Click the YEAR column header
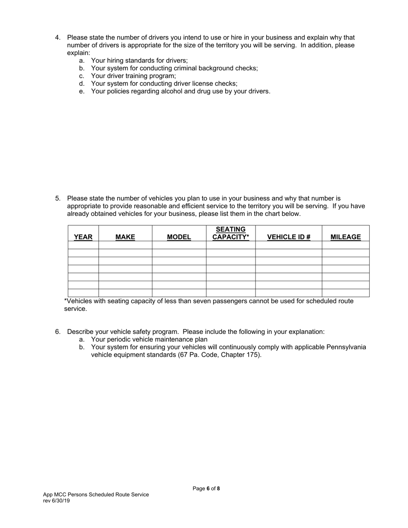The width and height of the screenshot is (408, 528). point(83,237)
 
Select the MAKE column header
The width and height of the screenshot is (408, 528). point(125,237)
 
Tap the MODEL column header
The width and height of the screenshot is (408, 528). point(179,237)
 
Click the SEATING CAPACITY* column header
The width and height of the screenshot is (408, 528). point(231,233)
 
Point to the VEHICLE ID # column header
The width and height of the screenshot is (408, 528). point(289,237)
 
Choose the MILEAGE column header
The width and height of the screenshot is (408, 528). point(345,237)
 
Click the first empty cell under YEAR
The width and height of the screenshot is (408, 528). point(83,245)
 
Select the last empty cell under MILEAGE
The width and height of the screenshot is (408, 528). point(345,293)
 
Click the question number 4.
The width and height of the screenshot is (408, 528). point(58,37)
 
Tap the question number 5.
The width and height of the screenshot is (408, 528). point(58,198)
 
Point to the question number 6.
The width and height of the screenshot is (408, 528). point(58,332)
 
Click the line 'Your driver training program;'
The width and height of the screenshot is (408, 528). point(133,76)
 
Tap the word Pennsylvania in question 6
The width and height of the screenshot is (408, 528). point(346,347)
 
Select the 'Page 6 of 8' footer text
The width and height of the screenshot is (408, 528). point(206,489)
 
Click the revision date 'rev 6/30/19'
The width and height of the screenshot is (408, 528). point(56,501)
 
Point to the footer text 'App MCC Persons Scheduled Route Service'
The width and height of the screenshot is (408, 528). point(96,495)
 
